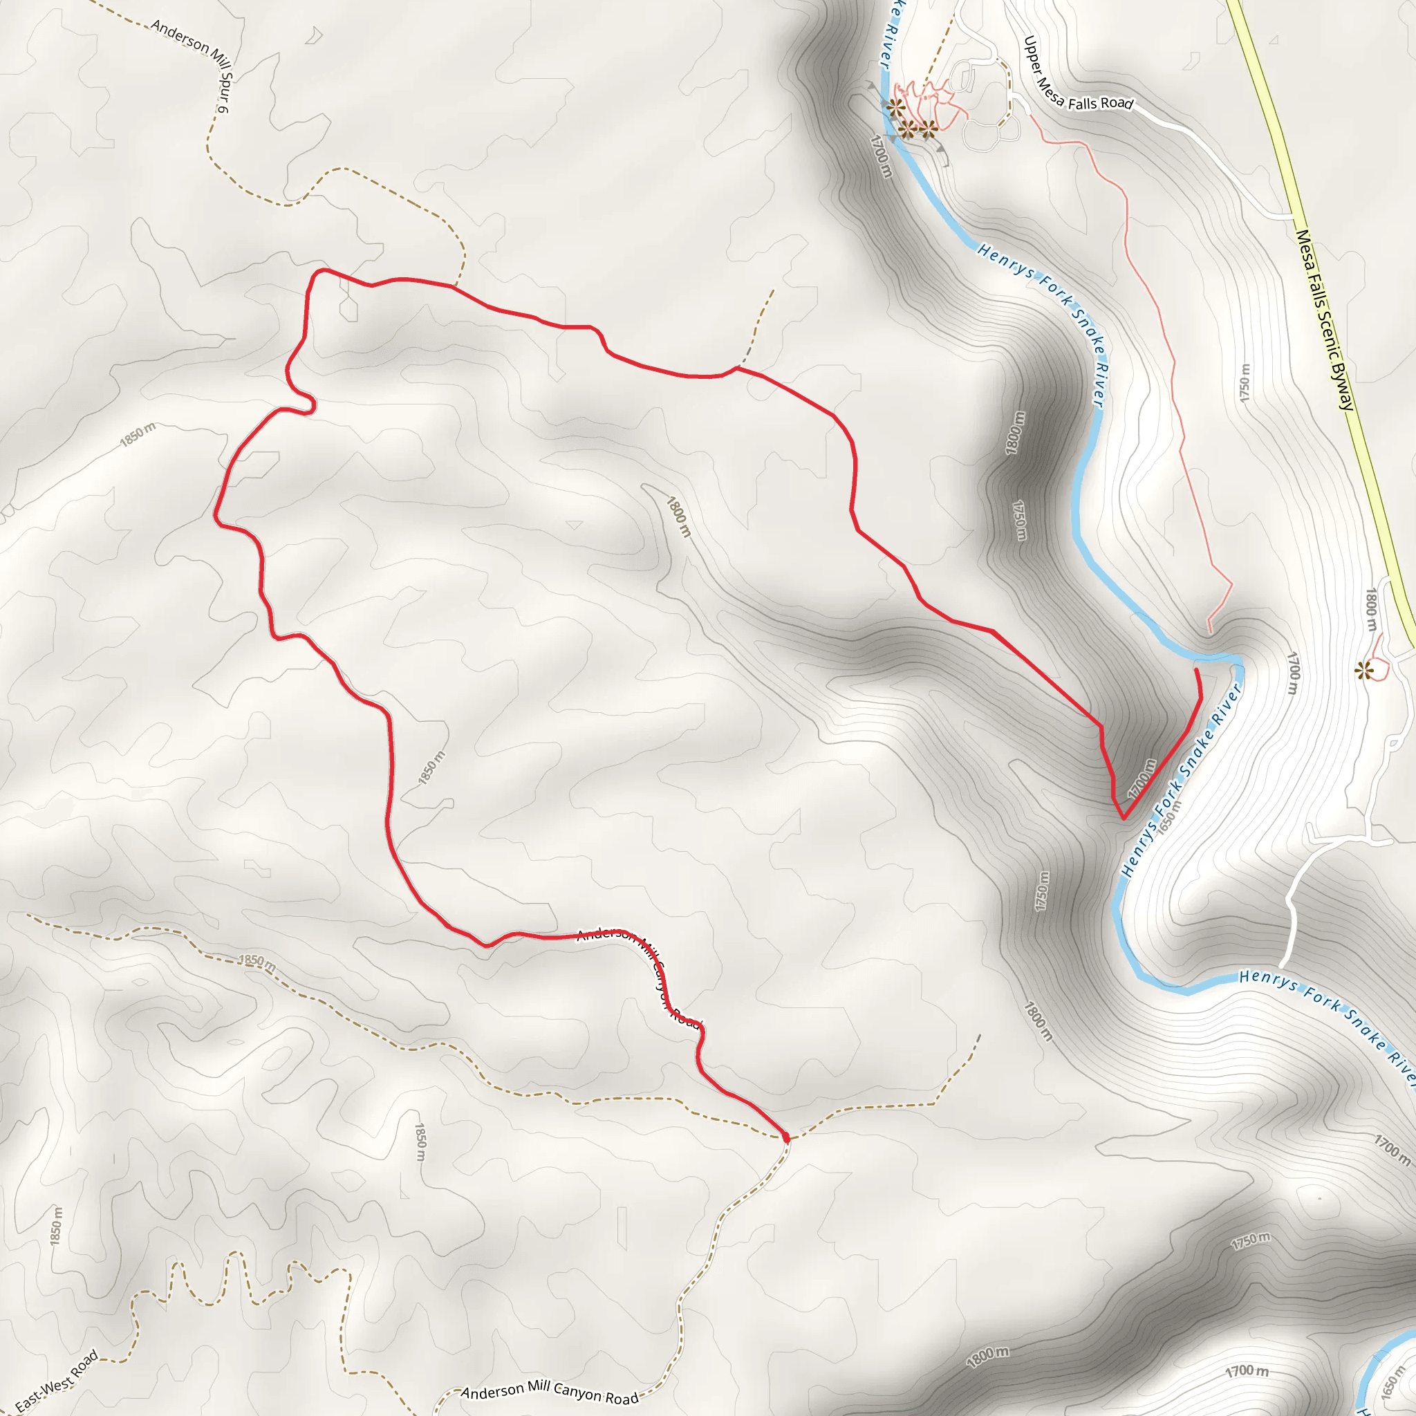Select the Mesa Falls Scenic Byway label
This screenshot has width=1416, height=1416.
pos(1325,319)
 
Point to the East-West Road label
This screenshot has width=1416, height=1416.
pos(57,1382)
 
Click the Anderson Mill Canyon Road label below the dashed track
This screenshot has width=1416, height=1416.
pos(550,1393)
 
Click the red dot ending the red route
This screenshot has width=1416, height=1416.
pos(786,1137)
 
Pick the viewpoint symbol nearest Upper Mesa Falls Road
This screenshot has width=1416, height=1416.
pos(928,129)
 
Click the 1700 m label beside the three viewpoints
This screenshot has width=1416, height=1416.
pos(881,156)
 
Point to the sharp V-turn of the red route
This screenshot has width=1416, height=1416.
pos(1123,818)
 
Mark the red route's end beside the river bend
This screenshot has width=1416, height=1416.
pos(1197,670)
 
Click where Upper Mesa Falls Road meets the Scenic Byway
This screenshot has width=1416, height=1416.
pos(1294,217)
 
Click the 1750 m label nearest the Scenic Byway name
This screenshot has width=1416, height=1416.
pos(1245,382)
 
